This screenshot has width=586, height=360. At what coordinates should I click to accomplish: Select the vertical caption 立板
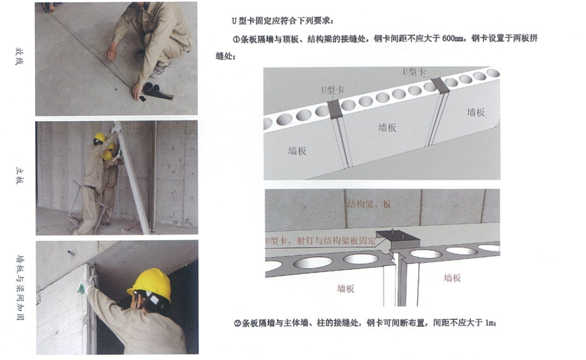pyautogui.click(x=19, y=176)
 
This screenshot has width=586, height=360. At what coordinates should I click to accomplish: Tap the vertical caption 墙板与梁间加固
pyautogui.click(x=21, y=287)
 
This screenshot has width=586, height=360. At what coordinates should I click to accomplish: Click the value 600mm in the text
pyautogui.click(x=452, y=38)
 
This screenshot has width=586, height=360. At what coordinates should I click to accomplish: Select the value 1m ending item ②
pyautogui.click(x=489, y=322)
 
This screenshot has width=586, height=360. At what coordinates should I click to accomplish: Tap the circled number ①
pyautogui.click(x=236, y=39)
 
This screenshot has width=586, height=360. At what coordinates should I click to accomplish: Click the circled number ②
pyautogui.click(x=237, y=323)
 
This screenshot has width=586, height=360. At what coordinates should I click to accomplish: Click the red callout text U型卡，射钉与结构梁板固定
pyautogui.click(x=320, y=240)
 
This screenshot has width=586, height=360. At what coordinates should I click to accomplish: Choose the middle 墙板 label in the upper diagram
pyautogui.click(x=387, y=128)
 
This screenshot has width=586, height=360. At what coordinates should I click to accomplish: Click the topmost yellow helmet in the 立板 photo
pyautogui.click(x=100, y=137)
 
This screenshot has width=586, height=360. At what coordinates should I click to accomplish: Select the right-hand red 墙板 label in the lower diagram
pyautogui.click(x=452, y=278)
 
